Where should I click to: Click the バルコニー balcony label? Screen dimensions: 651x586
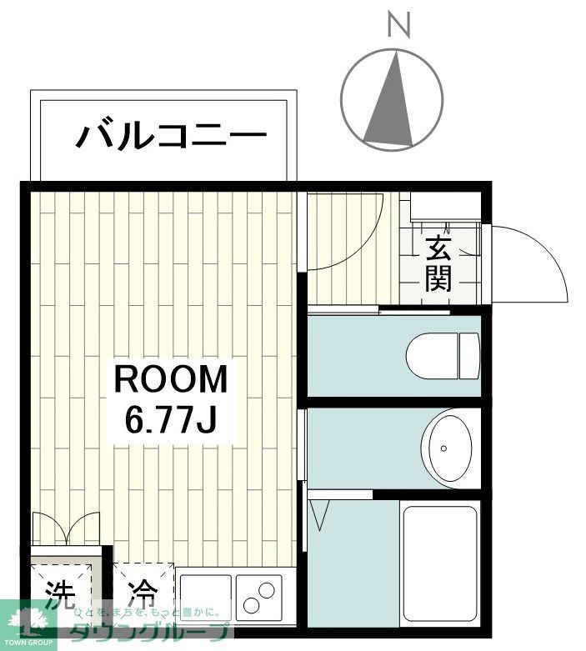[x=171, y=135]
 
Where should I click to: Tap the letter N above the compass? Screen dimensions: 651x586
[x=400, y=26]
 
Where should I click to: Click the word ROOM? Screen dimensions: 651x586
[x=170, y=380]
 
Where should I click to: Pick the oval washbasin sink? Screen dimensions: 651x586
[x=449, y=448]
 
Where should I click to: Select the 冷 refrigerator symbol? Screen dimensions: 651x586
[x=143, y=593]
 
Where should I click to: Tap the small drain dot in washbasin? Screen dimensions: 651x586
[x=444, y=448]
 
